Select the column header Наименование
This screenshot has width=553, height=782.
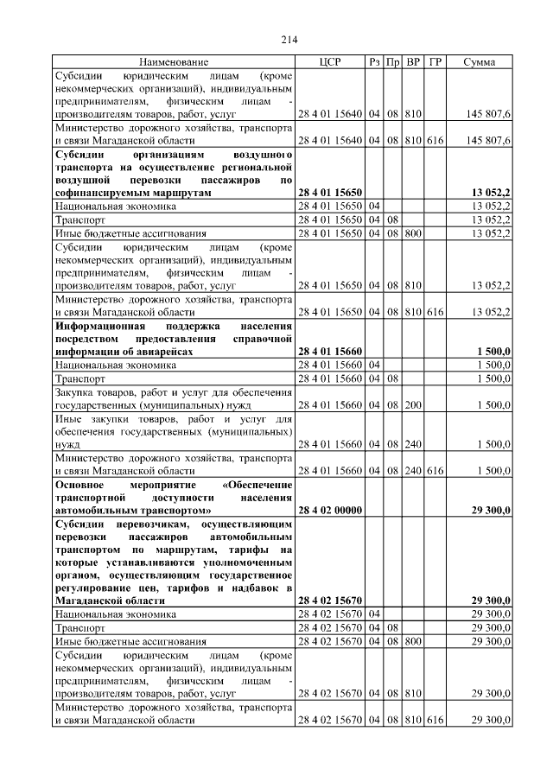pos(174,62)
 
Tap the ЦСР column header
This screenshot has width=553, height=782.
pos(330,62)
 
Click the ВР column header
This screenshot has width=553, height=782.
pos(413,62)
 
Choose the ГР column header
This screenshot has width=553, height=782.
pos(435,62)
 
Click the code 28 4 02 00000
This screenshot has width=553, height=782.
pos(330,511)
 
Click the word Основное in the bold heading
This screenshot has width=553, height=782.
pos(80,486)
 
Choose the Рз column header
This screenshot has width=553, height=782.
pos(374,62)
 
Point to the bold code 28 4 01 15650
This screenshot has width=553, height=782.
pos(330,194)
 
